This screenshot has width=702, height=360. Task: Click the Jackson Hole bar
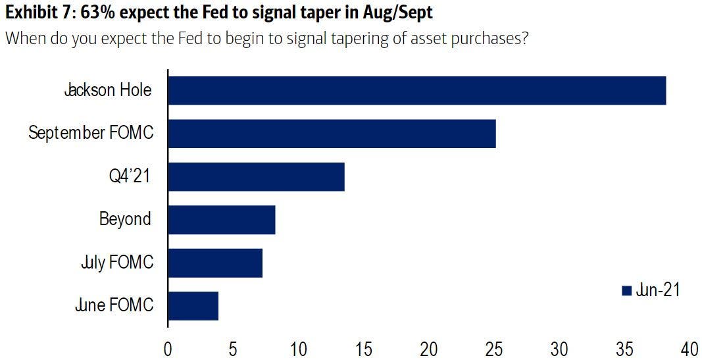click(x=417, y=91)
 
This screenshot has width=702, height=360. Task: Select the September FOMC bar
click(x=332, y=134)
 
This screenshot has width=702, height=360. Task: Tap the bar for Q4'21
click(x=257, y=177)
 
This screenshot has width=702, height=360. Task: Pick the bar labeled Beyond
click(x=222, y=220)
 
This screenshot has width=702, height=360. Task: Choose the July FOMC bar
click(x=215, y=263)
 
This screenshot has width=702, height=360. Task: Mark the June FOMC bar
click(x=193, y=306)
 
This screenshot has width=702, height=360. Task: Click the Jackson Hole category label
click(x=108, y=90)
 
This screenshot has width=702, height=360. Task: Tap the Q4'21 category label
click(x=128, y=177)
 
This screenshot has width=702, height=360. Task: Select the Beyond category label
click(x=126, y=219)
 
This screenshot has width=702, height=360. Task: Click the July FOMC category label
click(x=116, y=263)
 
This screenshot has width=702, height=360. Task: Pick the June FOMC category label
click(x=114, y=305)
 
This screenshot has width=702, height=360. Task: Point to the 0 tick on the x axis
click(x=168, y=347)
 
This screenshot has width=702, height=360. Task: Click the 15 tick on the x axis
click(x=364, y=347)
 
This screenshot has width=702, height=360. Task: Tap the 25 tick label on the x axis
click(x=494, y=347)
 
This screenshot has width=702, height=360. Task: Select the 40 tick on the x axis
click(x=689, y=347)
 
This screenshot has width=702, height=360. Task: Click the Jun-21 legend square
click(x=626, y=290)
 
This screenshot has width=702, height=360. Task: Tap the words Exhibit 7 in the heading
click(x=38, y=13)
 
